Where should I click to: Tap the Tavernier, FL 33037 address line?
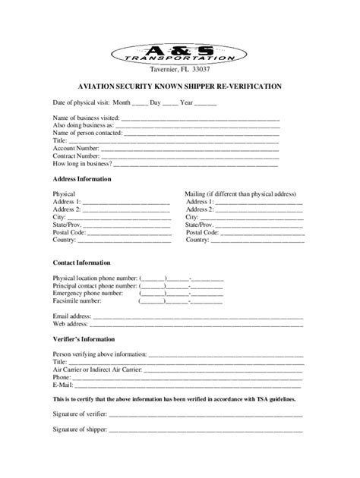pyautogui.click(x=180, y=70)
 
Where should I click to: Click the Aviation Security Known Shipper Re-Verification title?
pyautogui.click(x=179, y=86)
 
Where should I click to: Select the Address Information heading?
pyautogui.click(x=82, y=179)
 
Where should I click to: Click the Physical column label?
pyautogui.click(x=64, y=195)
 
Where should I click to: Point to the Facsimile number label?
pyautogui.click(x=78, y=300)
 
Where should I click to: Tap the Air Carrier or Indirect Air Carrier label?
pyautogui.click(x=97, y=369)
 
